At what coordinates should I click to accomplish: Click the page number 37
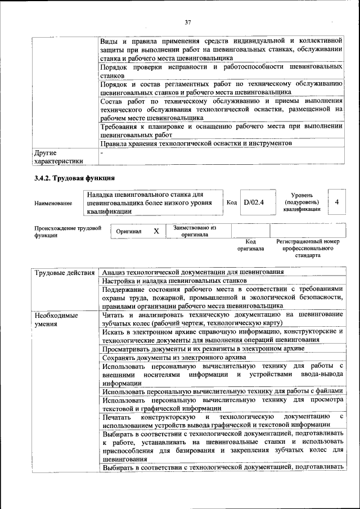tap(188, 22)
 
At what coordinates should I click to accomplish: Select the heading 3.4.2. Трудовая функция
tap(74, 178)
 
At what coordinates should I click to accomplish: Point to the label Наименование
tap(53, 203)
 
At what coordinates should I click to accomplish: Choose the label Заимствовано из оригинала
tap(194, 231)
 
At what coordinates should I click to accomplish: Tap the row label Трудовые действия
tap(64, 273)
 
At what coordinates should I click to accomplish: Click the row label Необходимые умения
tap(56, 320)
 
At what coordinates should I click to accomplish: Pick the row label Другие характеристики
tap(58, 157)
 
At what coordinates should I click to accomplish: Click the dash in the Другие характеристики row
tap(101, 152)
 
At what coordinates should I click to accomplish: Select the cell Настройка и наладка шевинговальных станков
tap(174, 280)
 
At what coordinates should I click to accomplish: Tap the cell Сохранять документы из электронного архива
tap(174, 358)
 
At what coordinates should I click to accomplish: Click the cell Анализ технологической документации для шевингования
tap(192, 272)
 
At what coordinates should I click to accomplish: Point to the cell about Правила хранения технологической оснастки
tap(196, 143)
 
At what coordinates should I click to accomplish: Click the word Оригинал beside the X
tap(129, 231)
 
